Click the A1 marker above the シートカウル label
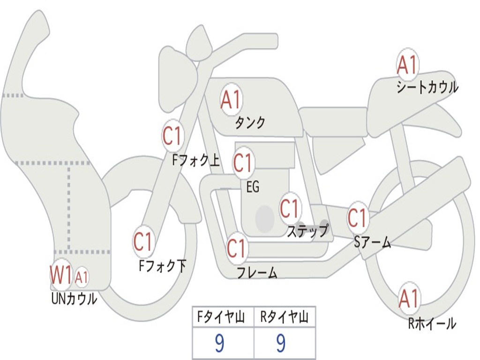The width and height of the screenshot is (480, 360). point(407,65)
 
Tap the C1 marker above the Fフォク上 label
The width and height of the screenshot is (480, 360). point(172,136)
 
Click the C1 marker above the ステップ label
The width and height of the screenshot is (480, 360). point(289,208)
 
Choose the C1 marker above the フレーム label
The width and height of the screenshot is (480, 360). point(236,248)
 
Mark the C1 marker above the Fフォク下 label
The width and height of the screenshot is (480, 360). point(143,242)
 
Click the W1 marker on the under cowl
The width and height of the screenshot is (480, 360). point(61,275)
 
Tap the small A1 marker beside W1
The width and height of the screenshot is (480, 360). point(82,277)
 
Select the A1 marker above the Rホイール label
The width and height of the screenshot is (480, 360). point(408,298)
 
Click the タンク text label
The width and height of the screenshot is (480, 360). point(250,123)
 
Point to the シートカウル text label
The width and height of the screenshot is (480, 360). point(427,87)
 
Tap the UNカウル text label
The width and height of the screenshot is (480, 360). point(74,299)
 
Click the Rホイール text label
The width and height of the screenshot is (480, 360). point(432,323)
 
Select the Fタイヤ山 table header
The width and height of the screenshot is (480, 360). point(223,318)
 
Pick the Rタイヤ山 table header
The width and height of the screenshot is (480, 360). point(285,318)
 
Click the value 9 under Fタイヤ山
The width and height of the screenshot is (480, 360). point(219,344)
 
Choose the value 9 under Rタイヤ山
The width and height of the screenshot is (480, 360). point(280,344)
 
